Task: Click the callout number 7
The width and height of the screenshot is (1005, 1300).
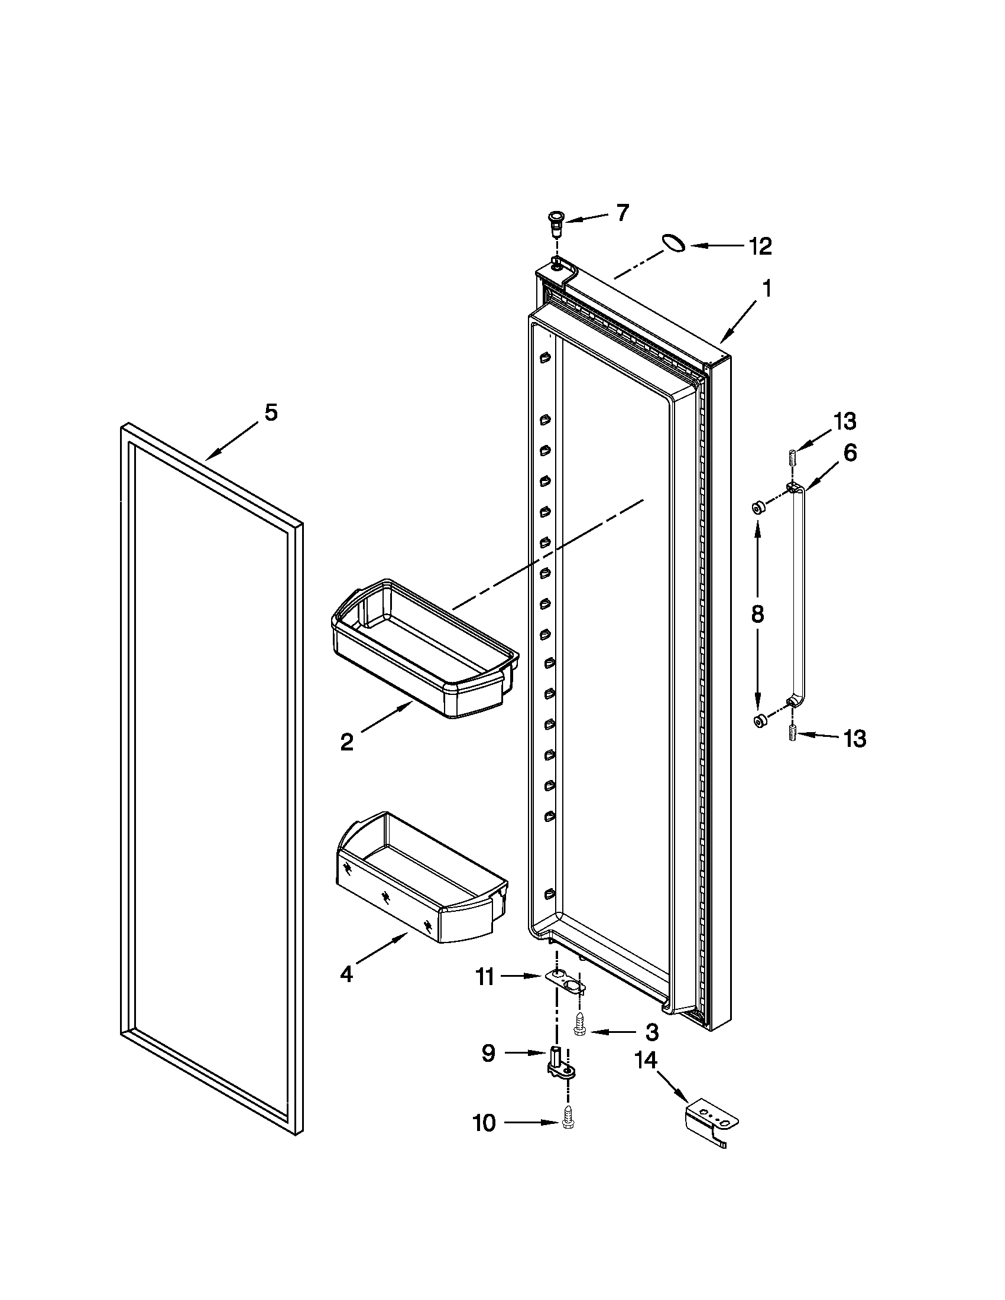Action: [622, 213]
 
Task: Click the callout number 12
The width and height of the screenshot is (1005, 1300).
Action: [760, 246]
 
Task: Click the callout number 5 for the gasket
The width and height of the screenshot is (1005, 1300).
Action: [271, 412]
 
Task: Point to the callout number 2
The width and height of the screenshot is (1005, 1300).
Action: [347, 742]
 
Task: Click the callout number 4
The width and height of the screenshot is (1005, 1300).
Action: [346, 974]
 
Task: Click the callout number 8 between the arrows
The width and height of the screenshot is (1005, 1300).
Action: [757, 614]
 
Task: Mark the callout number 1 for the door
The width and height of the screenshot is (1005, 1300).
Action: [767, 289]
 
